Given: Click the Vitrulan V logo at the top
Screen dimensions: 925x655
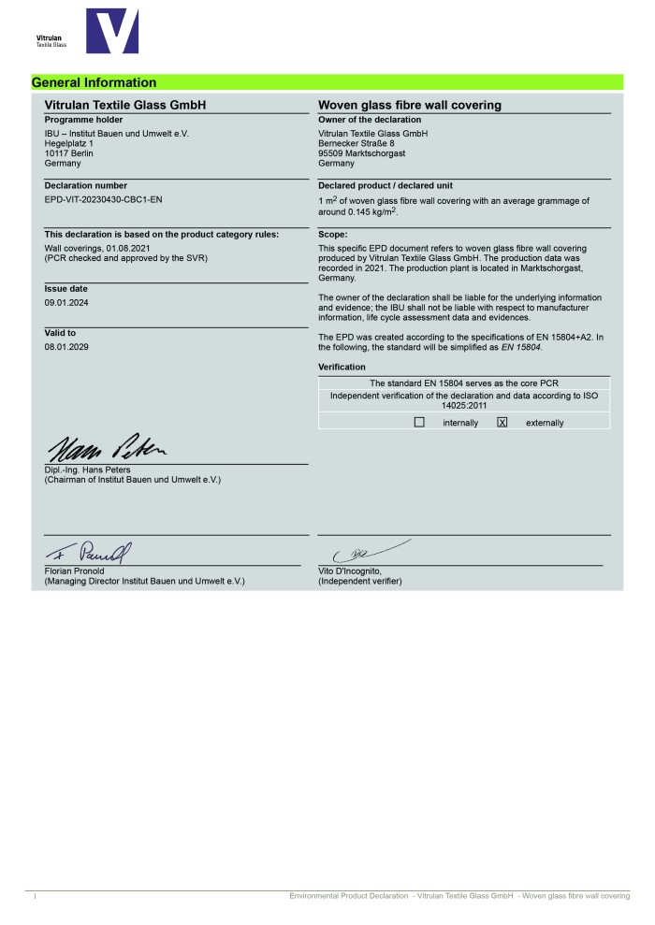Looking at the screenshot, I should [x=111, y=31].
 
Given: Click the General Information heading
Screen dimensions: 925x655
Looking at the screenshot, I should [x=95, y=82].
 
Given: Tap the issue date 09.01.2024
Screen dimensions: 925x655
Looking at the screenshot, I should [x=66, y=303].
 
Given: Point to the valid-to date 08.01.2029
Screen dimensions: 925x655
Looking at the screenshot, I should [x=66, y=346].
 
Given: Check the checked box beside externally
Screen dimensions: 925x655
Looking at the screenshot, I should [x=502, y=423].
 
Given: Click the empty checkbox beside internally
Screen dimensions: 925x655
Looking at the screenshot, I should [x=419, y=423].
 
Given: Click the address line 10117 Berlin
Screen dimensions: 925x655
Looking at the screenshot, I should [x=69, y=153].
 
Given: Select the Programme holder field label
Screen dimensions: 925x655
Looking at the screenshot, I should [x=83, y=120].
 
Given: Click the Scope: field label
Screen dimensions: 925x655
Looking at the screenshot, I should [x=333, y=234].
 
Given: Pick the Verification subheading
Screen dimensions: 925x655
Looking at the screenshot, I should [x=342, y=368].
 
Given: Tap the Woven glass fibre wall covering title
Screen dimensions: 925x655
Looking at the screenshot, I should [x=410, y=105].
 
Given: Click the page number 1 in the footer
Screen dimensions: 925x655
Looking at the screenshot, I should [x=35, y=897].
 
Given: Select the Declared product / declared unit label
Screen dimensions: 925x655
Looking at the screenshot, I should [x=386, y=185].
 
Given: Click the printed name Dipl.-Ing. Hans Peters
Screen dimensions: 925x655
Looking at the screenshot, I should [x=89, y=470].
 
